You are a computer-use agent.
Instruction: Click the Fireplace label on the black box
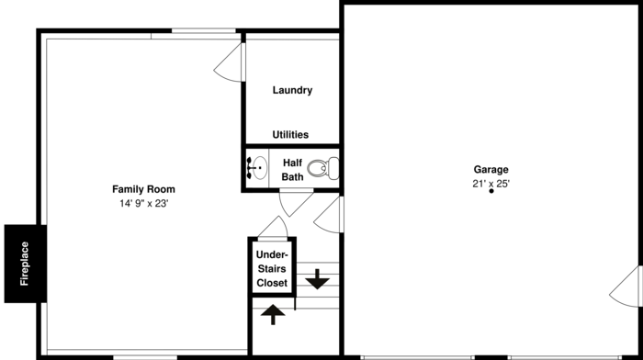(24, 264)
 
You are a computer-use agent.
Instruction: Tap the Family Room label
(143, 189)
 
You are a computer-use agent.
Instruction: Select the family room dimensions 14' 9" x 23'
(143, 204)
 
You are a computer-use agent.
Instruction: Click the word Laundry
(292, 90)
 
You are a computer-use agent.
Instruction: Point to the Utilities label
(290, 134)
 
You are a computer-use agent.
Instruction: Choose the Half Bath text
(292, 169)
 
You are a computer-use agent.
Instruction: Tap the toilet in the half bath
(322, 168)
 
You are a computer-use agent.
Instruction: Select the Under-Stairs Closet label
(272, 268)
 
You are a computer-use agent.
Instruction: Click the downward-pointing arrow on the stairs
(317, 278)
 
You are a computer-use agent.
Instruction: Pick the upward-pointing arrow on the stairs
(273, 314)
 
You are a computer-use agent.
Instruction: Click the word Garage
(491, 170)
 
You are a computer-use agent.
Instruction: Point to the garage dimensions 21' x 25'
(491, 184)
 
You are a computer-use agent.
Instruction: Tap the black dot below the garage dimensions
(491, 192)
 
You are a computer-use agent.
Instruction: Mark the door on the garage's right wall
(626, 287)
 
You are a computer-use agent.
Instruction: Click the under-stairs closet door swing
(272, 227)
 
